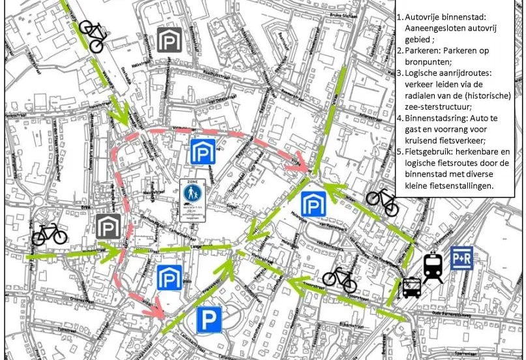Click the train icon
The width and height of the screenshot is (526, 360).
coord(433,267)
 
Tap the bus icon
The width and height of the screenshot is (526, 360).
coord(411,288)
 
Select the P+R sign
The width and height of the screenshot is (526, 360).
coord(461,258)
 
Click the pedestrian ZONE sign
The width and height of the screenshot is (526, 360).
coord(193,196)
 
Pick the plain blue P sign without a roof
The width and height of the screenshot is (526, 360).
coord(209,320)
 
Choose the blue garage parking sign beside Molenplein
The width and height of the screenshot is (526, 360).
coord(313,202)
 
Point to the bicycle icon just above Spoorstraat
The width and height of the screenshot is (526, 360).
coord(340,278)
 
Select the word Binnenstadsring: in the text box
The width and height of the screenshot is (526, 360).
coord(435,119)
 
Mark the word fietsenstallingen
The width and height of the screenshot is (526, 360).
coord(461,186)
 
